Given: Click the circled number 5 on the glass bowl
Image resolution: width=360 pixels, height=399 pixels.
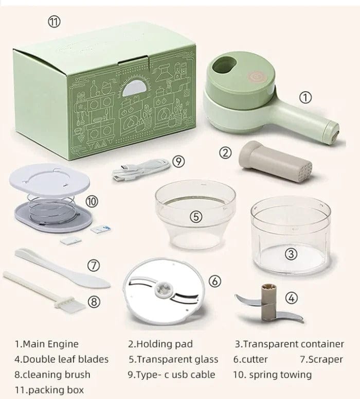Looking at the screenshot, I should click(x=195, y=217).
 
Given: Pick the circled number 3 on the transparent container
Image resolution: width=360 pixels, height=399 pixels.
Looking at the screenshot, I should click(x=291, y=253).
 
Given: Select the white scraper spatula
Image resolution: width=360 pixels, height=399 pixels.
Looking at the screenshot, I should click(x=62, y=268).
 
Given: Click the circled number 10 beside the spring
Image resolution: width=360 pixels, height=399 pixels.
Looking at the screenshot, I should click(x=92, y=202).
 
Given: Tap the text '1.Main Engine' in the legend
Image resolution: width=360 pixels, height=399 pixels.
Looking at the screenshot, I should click(x=47, y=344).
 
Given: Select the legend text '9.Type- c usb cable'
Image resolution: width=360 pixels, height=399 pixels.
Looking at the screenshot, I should click(x=171, y=374).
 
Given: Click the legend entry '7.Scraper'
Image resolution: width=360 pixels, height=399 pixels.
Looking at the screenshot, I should click(x=322, y=359).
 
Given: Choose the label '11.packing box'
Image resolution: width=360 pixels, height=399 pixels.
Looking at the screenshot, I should click(x=49, y=390).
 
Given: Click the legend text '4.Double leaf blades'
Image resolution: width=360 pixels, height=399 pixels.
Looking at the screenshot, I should click(x=61, y=359).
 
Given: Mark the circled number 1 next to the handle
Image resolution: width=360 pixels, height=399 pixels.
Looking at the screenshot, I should click(x=305, y=97).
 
